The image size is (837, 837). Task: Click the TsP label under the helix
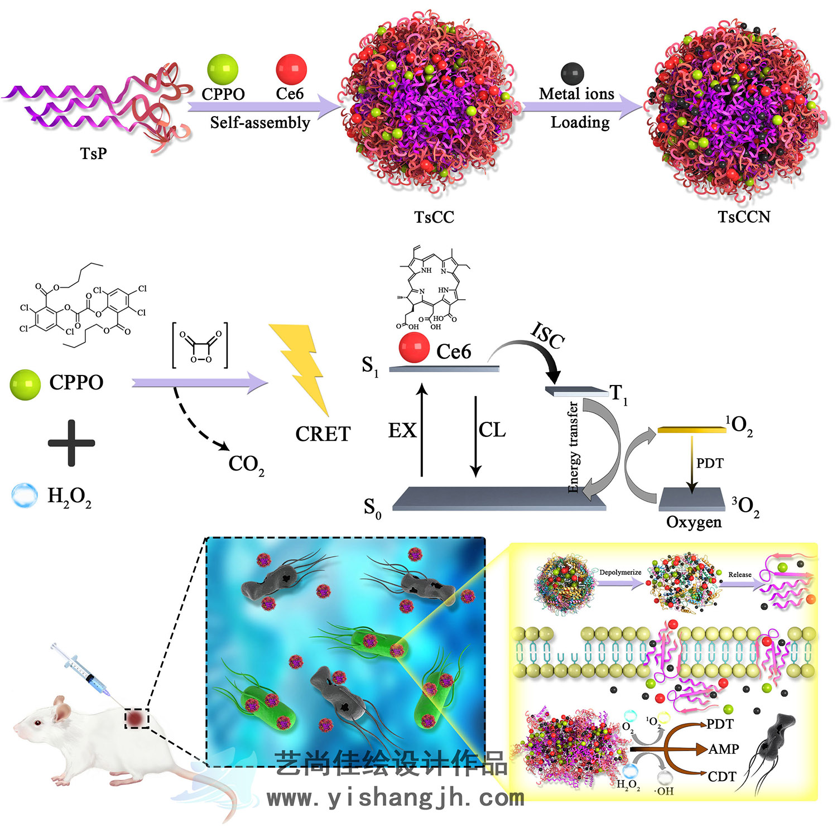coord(93,153)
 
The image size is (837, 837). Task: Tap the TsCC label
coord(434,217)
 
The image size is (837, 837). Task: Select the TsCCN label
coord(744,217)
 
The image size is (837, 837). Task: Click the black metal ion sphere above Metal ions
coord(573,73)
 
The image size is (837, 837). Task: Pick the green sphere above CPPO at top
coord(223,70)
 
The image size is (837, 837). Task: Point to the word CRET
coord(323,434)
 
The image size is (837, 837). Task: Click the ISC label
coord(547,335)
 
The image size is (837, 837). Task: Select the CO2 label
coord(246,464)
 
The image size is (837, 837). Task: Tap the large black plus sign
coord(71,443)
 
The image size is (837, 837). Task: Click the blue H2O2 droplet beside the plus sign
coord(25,495)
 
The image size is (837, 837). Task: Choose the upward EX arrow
coord(422,430)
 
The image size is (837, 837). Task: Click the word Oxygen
coord(694,522)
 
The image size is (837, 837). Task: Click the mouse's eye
coord(38,723)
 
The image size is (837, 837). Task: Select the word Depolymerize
coord(620,573)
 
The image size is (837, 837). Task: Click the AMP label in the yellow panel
coord(724,749)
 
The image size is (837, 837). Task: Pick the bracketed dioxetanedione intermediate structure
coord(200,346)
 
